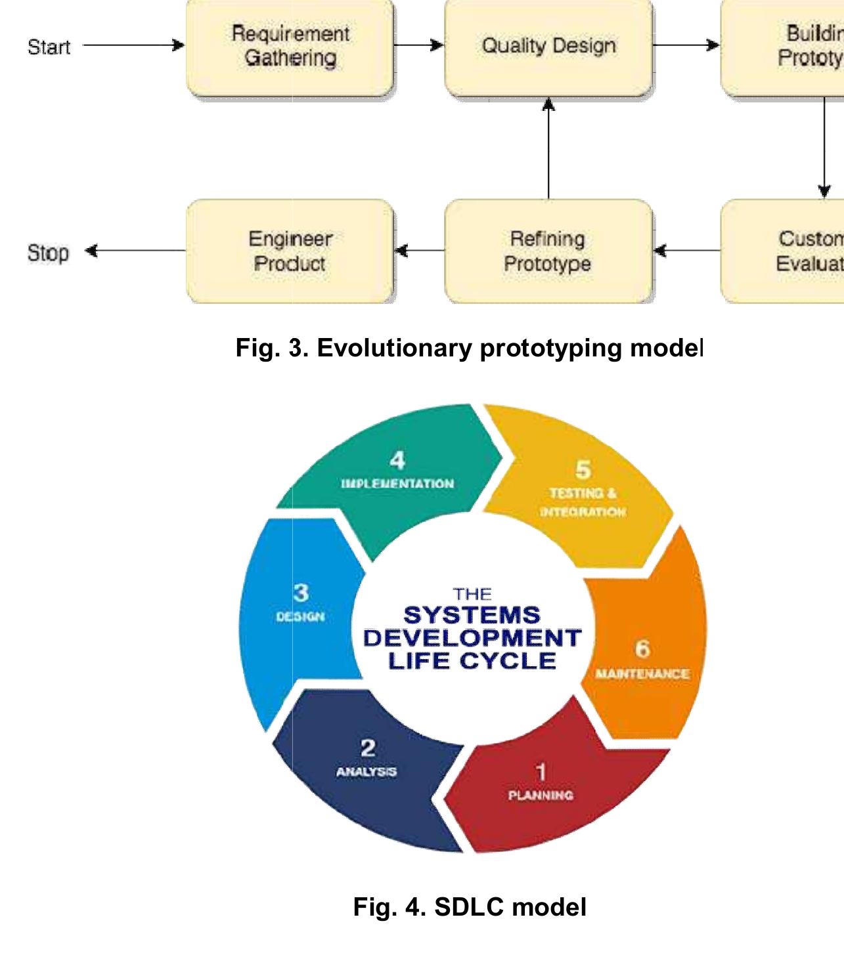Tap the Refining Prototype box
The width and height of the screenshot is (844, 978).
pyautogui.click(x=548, y=251)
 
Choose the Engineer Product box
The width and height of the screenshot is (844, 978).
pyautogui.click(x=290, y=251)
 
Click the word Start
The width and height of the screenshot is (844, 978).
pyautogui.click(x=49, y=47)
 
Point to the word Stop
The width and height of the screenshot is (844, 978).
pyautogui.click(x=48, y=253)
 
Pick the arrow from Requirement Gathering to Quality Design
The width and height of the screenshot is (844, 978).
pyautogui.click(x=418, y=45)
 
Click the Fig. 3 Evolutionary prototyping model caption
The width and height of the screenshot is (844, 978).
pyautogui.click(x=469, y=348)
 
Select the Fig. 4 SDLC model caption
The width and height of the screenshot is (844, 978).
pyautogui.click(x=469, y=907)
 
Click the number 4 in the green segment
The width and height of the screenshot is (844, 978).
pyautogui.click(x=397, y=461)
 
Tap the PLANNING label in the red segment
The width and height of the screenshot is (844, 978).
pyautogui.click(x=541, y=795)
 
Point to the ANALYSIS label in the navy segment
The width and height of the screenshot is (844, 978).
pyautogui.click(x=366, y=771)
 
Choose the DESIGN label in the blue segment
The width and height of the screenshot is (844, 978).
pyautogui.click(x=300, y=617)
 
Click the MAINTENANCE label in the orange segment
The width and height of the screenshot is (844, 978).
pyautogui.click(x=642, y=673)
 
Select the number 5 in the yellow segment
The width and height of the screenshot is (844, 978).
pyautogui.click(x=583, y=470)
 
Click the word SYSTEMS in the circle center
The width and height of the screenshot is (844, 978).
pyautogui.click(x=472, y=616)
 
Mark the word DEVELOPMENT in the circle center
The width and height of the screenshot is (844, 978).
pyautogui.click(x=472, y=638)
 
